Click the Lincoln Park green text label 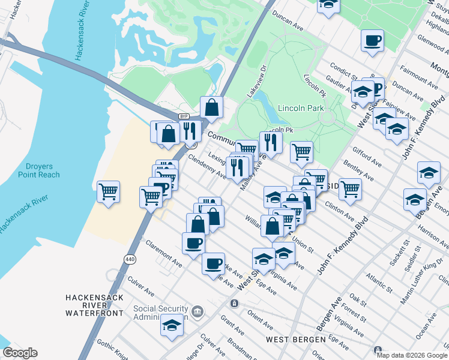[x=301, y=108]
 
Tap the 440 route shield [x=130, y=259]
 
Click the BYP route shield [x=184, y=116]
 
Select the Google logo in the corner [x=20, y=353]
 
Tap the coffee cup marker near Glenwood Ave [x=372, y=41]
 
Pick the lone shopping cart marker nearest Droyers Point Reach [x=108, y=193]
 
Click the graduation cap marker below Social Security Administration [x=172, y=325]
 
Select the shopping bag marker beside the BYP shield [x=211, y=108]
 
